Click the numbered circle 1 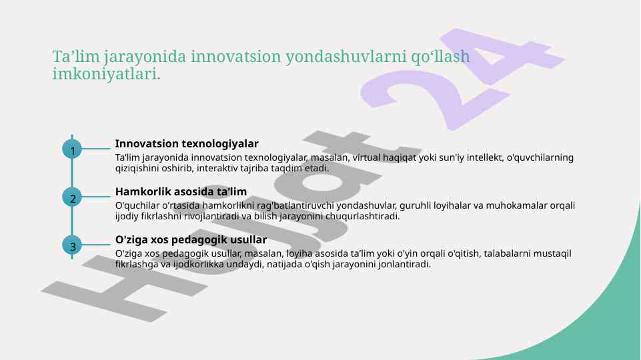72,149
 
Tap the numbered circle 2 72,197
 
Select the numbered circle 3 72,245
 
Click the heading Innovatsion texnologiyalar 187,144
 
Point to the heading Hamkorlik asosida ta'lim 181,191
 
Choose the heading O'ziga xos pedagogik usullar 191,240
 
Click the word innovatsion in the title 235,57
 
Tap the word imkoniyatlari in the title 106,75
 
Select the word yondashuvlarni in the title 346,57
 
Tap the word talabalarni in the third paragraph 508,253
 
